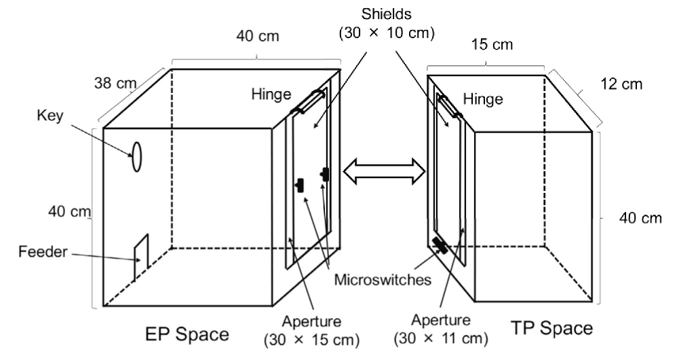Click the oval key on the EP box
[136, 156]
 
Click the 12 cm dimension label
[621, 84]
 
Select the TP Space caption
[553, 329]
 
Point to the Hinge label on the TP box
[482, 100]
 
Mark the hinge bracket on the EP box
[309, 102]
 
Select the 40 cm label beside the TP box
[640, 218]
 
